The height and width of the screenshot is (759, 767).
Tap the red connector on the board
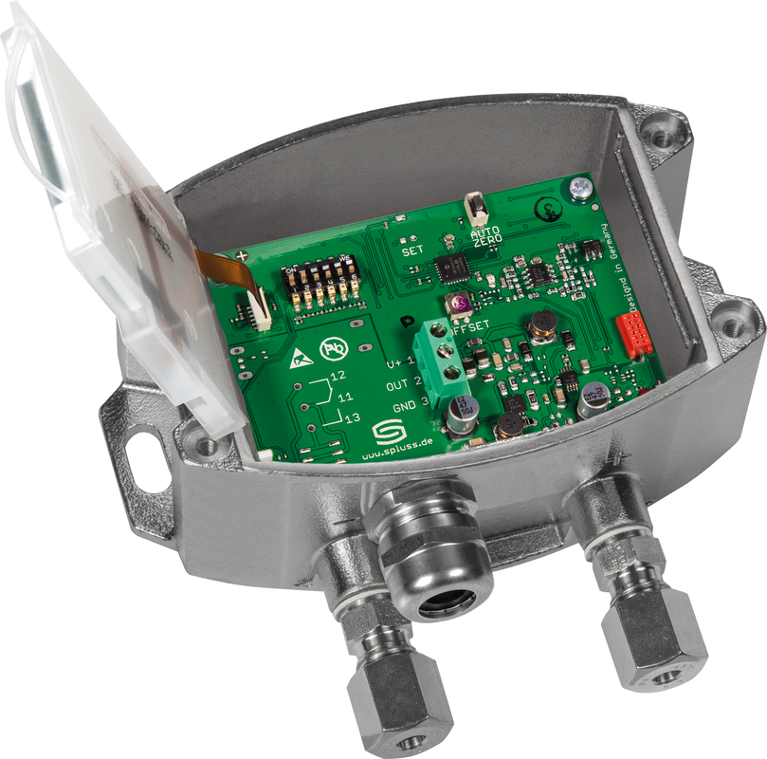[633, 335]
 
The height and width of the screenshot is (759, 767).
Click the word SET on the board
[412, 252]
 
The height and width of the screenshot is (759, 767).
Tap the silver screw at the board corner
[577, 191]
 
